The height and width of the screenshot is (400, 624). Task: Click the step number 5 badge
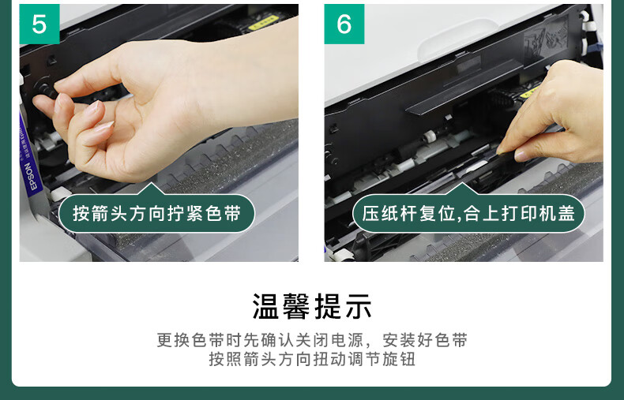39,24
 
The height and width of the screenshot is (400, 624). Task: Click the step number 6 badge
344,24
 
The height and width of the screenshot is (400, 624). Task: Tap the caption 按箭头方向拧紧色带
157,214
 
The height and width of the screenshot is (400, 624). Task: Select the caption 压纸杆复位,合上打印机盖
468,214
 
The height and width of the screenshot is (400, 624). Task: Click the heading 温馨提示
312,306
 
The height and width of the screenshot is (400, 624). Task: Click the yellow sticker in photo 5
264,24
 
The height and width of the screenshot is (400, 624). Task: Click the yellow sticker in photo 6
530,92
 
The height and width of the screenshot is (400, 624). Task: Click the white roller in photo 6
429,136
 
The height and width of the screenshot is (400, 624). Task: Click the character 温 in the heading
266,306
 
